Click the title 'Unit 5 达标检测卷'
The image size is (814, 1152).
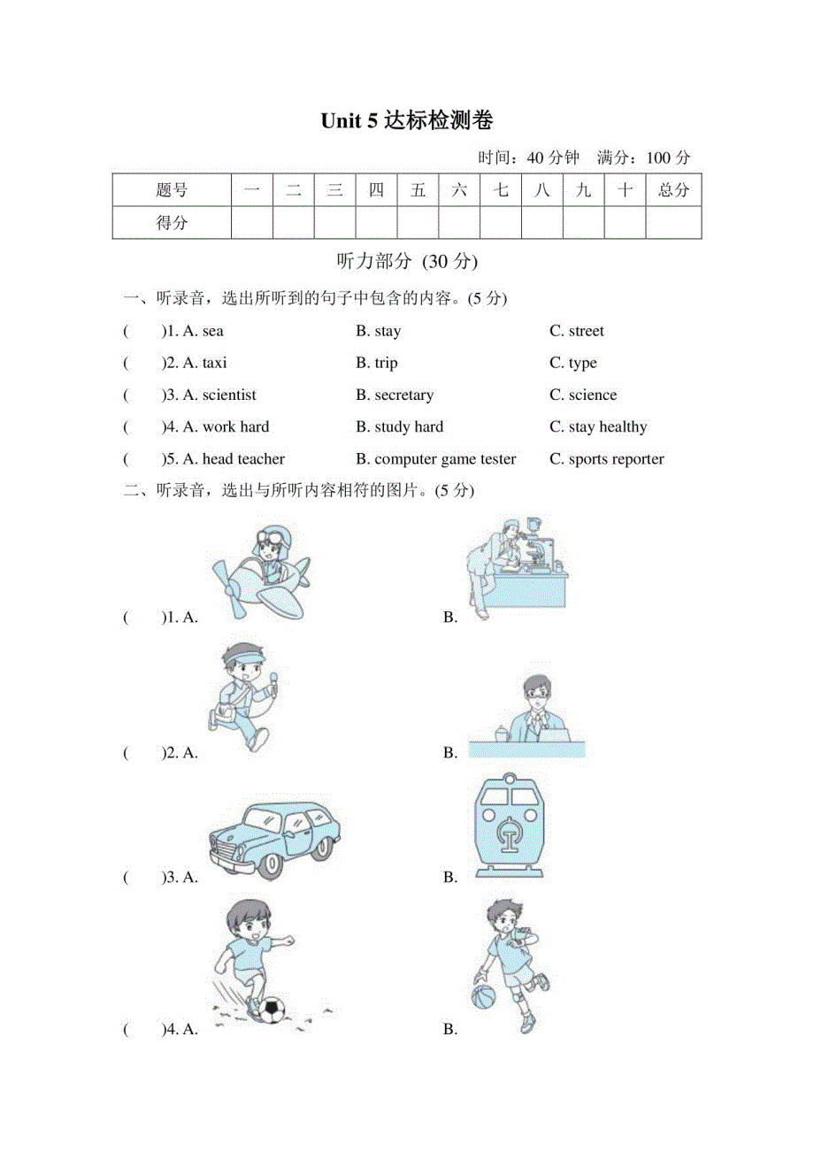pos(407,121)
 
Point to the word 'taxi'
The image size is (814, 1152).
pos(214,363)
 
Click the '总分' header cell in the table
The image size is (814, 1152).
pos(673,189)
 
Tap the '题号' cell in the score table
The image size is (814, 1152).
pos(172,189)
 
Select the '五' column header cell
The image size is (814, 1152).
pos(418,189)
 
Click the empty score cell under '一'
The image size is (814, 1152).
pos(251,223)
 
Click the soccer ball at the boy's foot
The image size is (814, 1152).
pos(271,1008)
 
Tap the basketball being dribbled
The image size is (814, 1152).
pos(485,996)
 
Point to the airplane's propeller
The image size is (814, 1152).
pos(233,588)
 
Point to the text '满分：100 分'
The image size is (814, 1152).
pos(643,157)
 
